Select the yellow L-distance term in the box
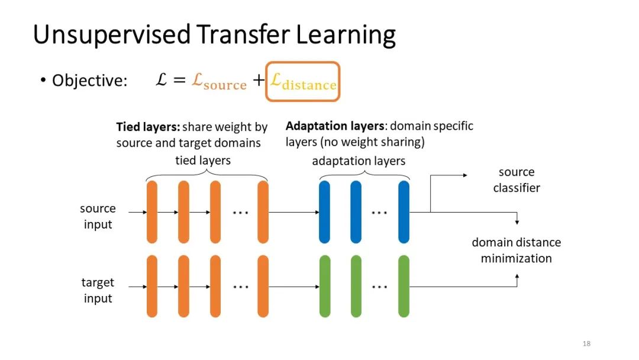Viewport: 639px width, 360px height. click(x=302, y=82)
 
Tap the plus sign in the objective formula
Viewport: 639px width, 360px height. click(x=258, y=81)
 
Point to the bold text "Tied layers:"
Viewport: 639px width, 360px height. click(x=148, y=127)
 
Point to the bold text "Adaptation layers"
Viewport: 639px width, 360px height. click(x=334, y=126)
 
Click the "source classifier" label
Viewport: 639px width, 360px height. click(x=517, y=180)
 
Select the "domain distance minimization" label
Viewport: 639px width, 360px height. click(x=516, y=250)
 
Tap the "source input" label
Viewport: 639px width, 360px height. click(x=98, y=216)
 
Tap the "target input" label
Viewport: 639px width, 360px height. click(x=98, y=290)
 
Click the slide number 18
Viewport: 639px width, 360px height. click(x=586, y=344)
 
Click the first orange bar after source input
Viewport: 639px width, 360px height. click(x=152, y=212)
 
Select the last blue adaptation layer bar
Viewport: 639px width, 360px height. click(x=404, y=212)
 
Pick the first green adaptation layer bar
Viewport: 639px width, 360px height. click(x=324, y=286)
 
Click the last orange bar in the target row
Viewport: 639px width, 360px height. click(x=263, y=286)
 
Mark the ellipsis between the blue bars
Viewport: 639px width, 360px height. click(x=379, y=212)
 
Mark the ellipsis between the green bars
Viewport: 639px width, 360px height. click(x=379, y=287)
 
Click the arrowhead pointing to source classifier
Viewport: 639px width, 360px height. click(x=464, y=175)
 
